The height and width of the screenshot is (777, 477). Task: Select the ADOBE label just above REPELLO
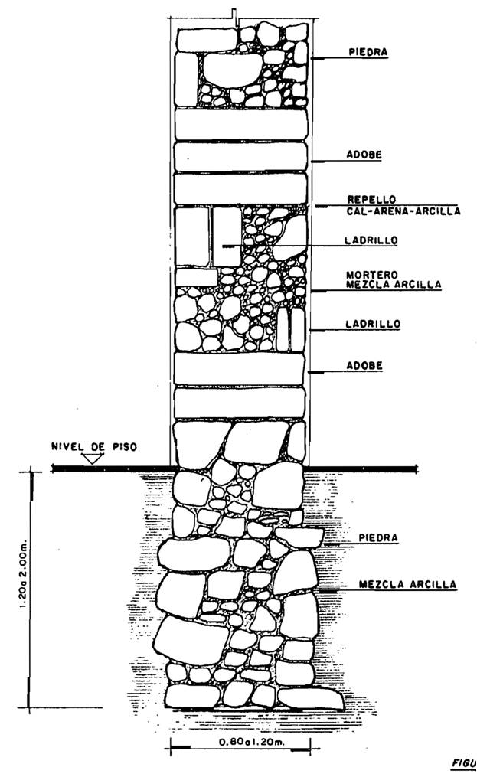(364, 155)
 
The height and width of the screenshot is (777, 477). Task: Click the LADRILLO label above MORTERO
(371, 240)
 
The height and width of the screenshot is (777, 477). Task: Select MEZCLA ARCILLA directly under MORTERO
(394, 284)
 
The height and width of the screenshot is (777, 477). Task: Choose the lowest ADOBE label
(364, 366)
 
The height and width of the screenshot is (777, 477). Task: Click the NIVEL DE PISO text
(94, 446)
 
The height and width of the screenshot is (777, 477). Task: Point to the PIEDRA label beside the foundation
(378, 538)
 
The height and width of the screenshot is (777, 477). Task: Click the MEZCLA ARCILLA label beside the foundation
(407, 584)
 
